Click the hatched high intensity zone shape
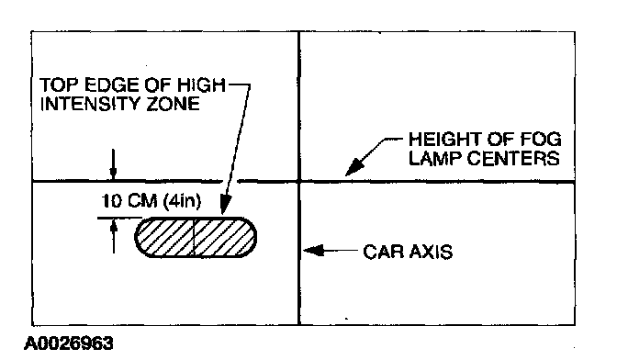click(196, 237)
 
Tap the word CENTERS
click(513, 158)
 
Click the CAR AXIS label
click(408, 252)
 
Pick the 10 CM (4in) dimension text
click(151, 201)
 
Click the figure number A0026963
click(69, 343)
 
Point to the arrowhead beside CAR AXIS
click(314, 250)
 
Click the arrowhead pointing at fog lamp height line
click(354, 167)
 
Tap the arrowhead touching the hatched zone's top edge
click(225, 205)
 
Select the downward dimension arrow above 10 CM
click(113, 164)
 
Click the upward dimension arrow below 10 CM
click(114, 236)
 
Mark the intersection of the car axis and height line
click(299, 182)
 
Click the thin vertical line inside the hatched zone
click(194, 237)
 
